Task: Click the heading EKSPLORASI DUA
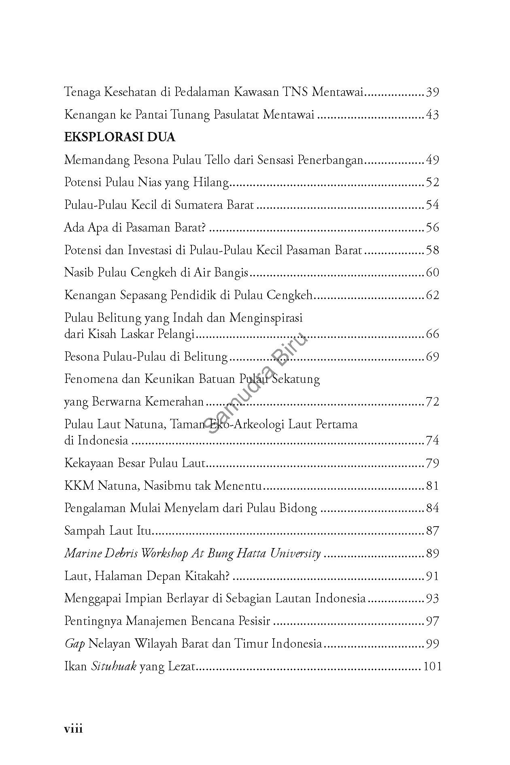[x=119, y=138]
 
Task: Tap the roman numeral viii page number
[x=73, y=729]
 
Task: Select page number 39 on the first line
[x=432, y=93]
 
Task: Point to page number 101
[x=432, y=666]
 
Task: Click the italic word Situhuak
[x=113, y=666]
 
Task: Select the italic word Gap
[x=74, y=644]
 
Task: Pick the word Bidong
[x=298, y=508]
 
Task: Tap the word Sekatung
[x=296, y=379]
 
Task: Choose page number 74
[x=432, y=440]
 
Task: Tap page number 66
[x=432, y=334]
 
